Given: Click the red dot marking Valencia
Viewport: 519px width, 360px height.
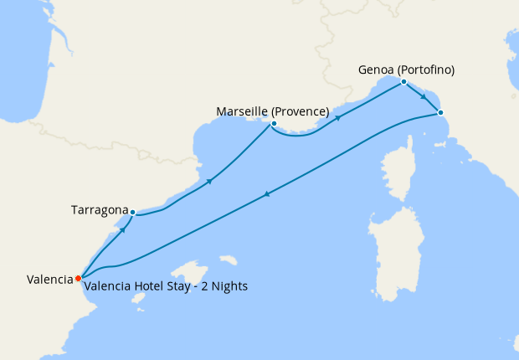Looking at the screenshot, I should [x=78, y=278].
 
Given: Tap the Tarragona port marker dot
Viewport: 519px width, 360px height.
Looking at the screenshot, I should [x=132, y=212].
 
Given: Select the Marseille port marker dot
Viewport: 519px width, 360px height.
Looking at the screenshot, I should [x=274, y=124].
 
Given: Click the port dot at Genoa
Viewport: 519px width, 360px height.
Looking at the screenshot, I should [x=403, y=81].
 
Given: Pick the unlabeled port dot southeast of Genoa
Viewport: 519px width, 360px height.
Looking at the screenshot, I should [x=440, y=112].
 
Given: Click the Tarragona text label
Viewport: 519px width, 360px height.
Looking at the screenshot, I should [x=99, y=210].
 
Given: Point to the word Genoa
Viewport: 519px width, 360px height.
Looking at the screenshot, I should [x=375, y=69].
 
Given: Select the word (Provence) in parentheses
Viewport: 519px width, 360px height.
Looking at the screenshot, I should [x=302, y=111].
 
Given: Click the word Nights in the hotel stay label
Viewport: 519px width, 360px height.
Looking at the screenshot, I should [x=229, y=286].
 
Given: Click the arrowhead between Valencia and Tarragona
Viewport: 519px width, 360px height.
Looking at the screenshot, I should [x=124, y=229].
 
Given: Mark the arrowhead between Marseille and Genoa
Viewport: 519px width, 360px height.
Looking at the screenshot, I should [x=338, y=117].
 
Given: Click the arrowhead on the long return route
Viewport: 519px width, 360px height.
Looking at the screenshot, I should [x=266, y=194].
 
